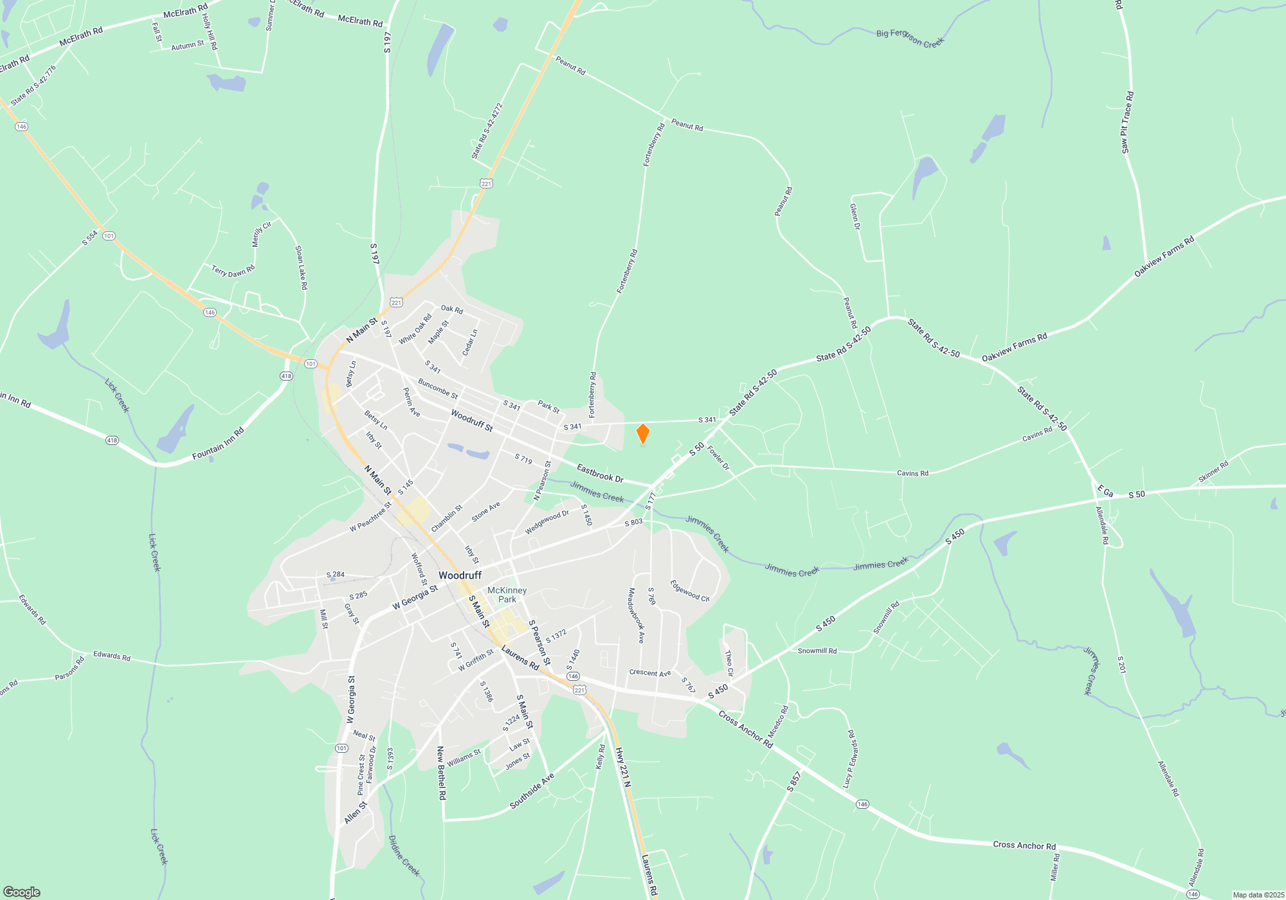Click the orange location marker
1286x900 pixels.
pyautogui.click(x=642, y=434)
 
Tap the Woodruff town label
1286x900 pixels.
pyautogui.click(x=460, y=575)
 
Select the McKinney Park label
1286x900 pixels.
pyautogui.click(x=507, y=595)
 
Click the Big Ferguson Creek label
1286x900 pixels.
pyautogui.click(x=910, y=38)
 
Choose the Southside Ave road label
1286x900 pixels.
pyautogui.click(x=532, y=791)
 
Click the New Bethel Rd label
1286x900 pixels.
pyautogui.click(x=441, y=773)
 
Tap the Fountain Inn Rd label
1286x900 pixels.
pyautogui.click(x=218, y=444)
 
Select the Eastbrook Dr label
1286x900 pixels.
pyautogui.click(x=600, y=474)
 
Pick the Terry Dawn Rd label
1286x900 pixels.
pyautogui.click(x=233, y=271)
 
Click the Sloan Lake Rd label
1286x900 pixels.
pyautogui.click(x=301, y=267)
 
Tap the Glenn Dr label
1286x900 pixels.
pyautogui.click(x=855, y=217)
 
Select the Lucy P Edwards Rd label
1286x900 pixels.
pyautogui.click(x=849, y=759)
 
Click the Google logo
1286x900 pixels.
pyautogui.click(x=22, y=892)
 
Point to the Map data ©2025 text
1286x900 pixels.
pyautogui.click(x=1258, y=895)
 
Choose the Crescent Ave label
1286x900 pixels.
pyautogui.click(x=650, y=673)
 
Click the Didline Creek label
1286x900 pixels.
pyautogui.click(x=404, y=856)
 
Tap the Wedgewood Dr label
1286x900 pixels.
pyautogui.click(x=547, y=522)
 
